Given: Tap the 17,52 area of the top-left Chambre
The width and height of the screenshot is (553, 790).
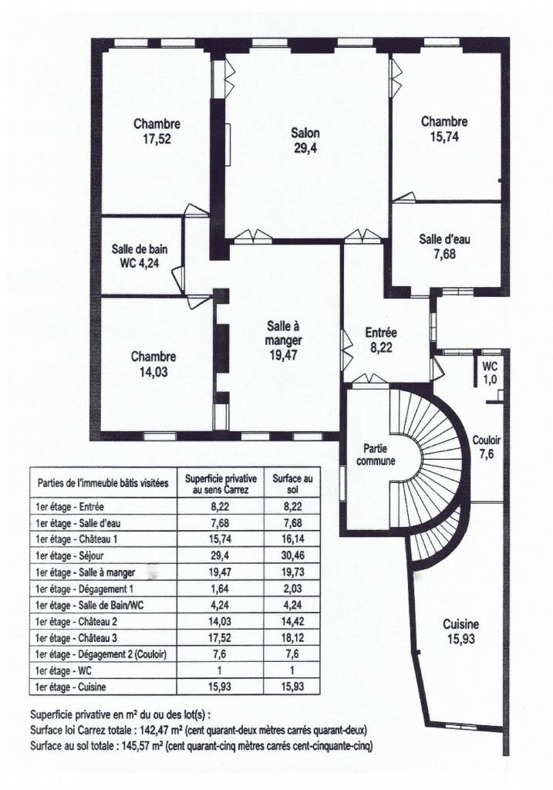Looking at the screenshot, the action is (157, 139).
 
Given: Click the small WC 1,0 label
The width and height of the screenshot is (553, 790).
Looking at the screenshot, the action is (490, 373).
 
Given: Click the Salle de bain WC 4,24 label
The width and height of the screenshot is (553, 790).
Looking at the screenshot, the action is (140, 255).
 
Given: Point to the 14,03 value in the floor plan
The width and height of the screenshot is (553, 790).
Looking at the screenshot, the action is (153, 373).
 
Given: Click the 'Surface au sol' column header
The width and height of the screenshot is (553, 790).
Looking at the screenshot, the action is (292, 483).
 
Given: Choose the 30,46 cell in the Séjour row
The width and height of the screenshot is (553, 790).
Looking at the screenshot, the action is (292, 555).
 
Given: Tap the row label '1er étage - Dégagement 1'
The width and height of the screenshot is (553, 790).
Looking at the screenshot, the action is (85, 589).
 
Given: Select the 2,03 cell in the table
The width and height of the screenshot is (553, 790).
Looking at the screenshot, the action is (292, 589).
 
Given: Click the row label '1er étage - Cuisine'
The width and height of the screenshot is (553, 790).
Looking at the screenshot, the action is (71, 687).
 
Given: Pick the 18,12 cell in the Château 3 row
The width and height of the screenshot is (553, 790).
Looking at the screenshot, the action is (292, 638).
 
